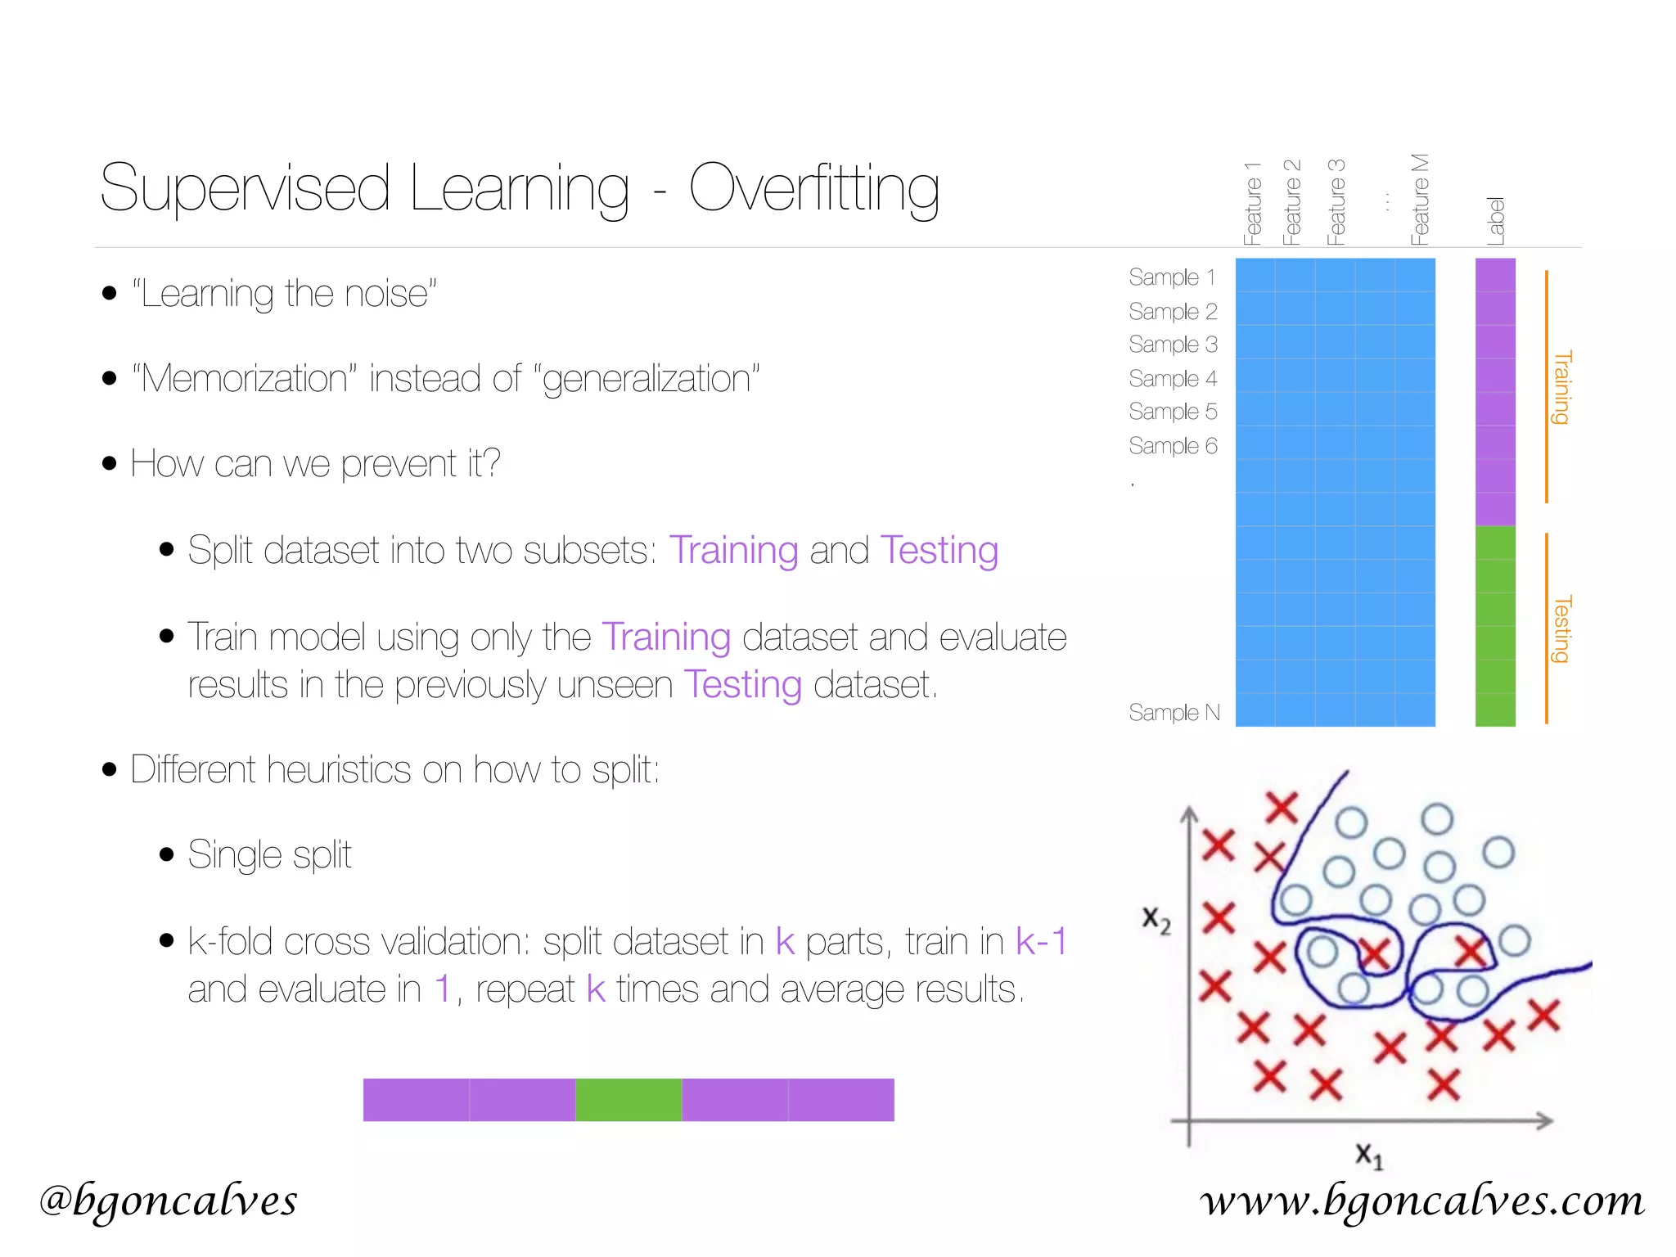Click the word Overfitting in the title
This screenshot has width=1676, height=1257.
813,188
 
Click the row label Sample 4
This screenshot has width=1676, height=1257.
1172,379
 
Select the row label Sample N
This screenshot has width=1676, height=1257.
1174,713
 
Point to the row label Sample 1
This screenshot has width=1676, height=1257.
1171,277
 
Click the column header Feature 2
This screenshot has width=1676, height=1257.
1291,202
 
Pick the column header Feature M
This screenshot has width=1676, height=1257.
1419,199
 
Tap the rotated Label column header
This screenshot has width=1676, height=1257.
1495,220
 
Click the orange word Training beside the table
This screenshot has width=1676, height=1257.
1562,387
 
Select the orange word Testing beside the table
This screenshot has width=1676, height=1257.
1562,628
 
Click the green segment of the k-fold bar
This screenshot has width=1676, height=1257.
628,1099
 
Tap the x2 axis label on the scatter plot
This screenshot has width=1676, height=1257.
1156,920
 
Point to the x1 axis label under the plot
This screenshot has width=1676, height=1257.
1368,1156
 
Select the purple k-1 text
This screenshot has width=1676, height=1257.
1041,941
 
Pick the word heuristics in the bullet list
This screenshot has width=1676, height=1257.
339,770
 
